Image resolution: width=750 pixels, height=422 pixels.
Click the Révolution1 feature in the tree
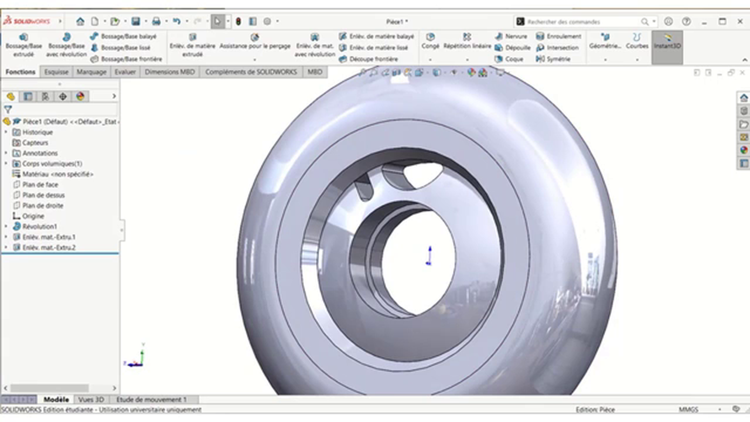[39, 227]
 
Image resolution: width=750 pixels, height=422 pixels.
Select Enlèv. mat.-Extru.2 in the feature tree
[49, 248]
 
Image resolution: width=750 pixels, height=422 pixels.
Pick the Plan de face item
[40, 185]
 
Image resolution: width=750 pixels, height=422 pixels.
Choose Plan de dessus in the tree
[43, 195]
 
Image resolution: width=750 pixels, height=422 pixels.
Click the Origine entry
[33, 216]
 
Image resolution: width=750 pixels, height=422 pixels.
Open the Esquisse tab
[56, 72]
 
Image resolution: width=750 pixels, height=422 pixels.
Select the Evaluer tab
[125, 72]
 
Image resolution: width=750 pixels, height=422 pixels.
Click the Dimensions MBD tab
[170, 72]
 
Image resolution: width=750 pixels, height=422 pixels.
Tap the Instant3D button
[667, 42]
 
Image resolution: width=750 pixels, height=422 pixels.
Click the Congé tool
[430, 41]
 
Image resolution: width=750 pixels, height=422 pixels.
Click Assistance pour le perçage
[255, 42]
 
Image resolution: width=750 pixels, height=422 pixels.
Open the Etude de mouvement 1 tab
[151, 400]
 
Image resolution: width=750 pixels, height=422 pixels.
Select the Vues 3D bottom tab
[91, 400]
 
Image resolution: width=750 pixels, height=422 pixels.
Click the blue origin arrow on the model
[429, 256]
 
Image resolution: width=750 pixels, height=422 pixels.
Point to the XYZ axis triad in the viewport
[137, 357]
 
